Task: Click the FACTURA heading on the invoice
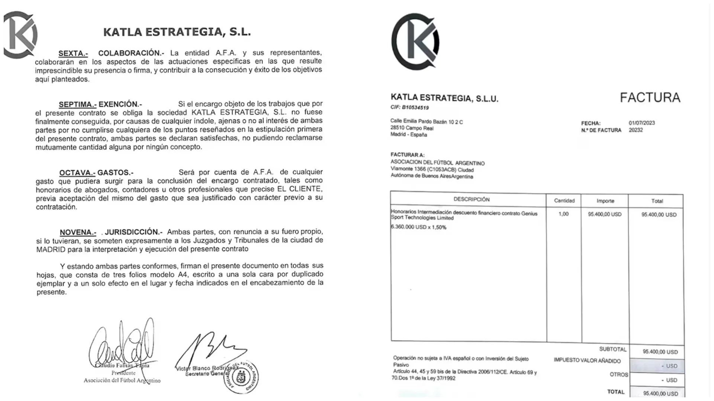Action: tap(650, 98)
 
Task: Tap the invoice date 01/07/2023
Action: tap(641, 123)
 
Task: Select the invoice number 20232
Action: tap(636, 130)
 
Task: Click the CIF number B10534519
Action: tap(415, 108)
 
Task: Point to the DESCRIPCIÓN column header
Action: tap(471, 199)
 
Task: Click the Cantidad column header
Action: tap(564, 200)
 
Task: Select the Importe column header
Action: tap(605, 201)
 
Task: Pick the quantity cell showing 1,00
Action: tap(563, 214)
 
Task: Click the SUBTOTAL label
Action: tap(612, 349)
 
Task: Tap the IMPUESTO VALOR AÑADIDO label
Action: tap(587, 361)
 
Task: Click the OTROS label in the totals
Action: tap(619, 375)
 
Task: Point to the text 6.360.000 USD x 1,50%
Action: tap(418, 227)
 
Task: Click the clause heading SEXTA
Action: tap(73, 53)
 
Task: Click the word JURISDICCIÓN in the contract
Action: tap(134, 232)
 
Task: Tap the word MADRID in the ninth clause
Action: tap(51, 250)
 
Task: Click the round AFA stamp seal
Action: tap(242, 377)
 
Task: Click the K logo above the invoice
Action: tap(415, 42)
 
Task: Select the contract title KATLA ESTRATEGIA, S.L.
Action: tap(177, 32)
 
